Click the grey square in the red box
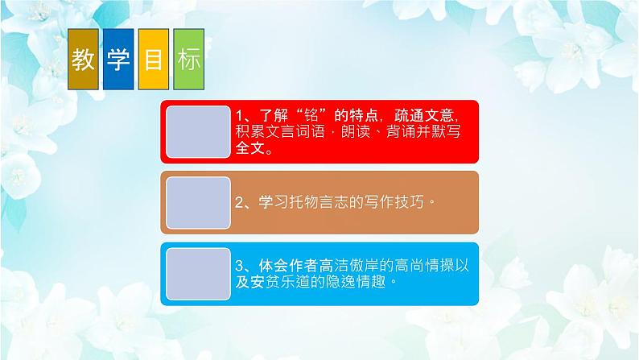click(x=197, y=130)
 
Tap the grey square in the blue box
click(x=197, y=273)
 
